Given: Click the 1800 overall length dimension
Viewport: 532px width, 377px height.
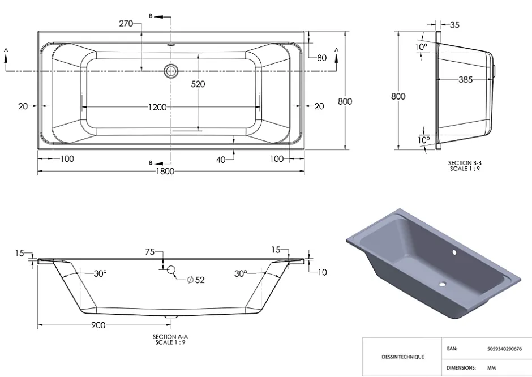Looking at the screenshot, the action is (165, 171).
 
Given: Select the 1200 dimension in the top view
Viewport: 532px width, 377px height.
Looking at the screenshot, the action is (157, 107).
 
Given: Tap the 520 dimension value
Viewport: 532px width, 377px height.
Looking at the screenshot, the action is (198, 84).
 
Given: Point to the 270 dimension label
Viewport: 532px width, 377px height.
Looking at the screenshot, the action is (126, 23).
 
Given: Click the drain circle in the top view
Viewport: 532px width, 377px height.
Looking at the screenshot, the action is (171, 71).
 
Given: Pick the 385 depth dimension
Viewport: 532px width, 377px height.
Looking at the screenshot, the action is (465, 79).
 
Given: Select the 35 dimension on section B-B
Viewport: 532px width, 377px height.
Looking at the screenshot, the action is (454, 25).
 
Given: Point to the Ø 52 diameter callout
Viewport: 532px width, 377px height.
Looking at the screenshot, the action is (196, 280).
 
